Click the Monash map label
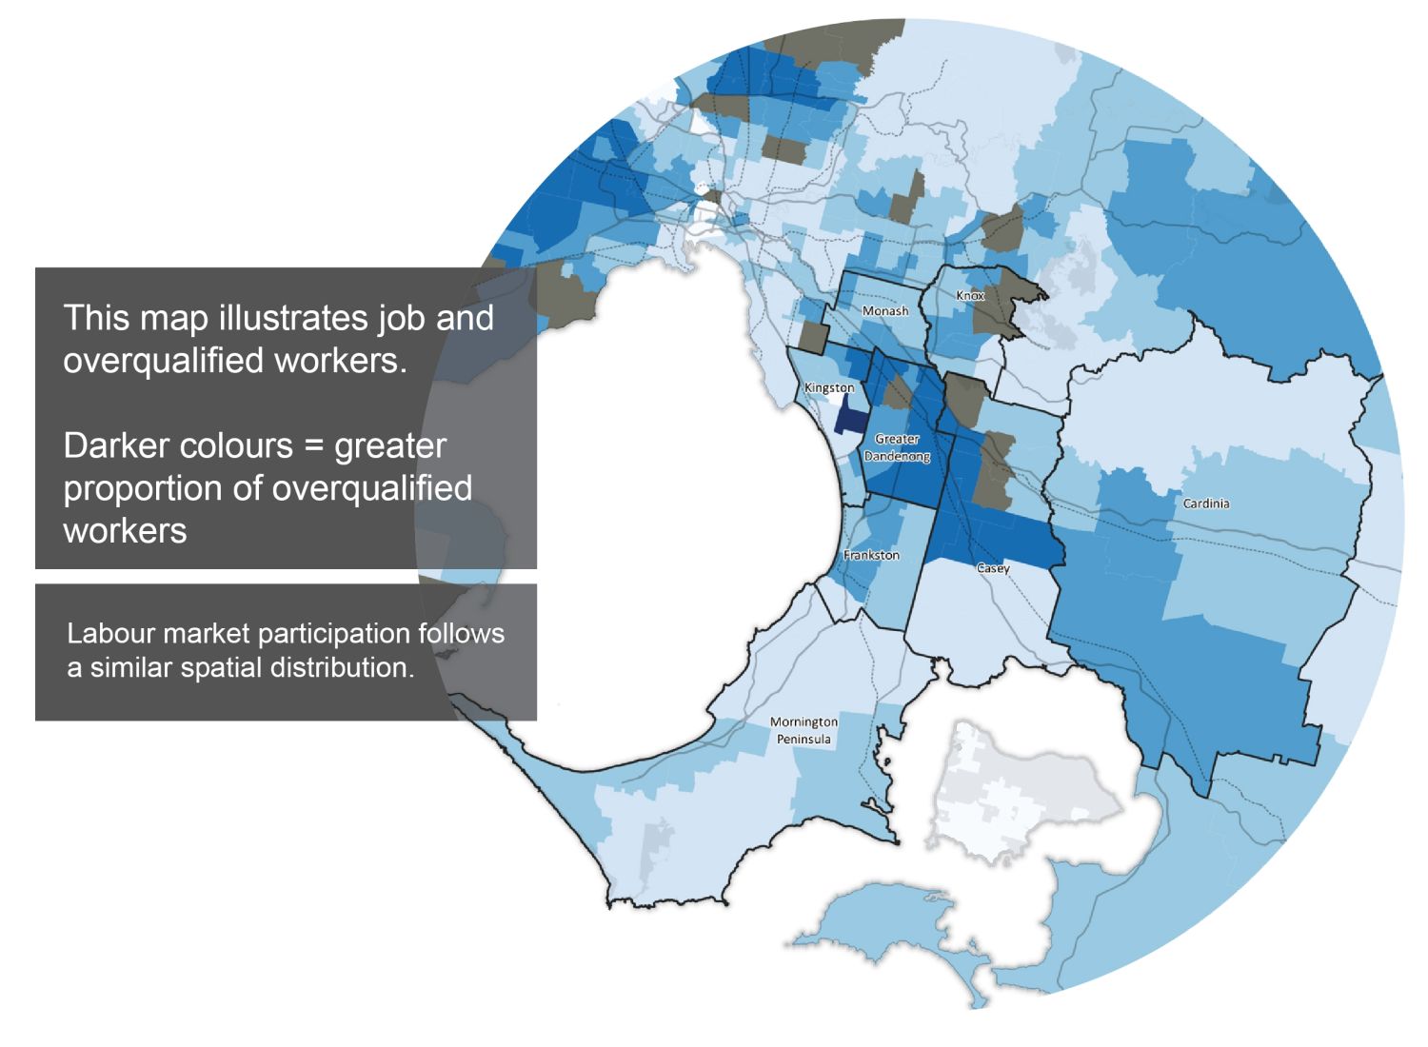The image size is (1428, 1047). pyautogui.click(x=884, y=311)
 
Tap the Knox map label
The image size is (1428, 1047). pyautogui.click(x=970, y=296)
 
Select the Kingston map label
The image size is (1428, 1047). pyautogui.click(x=829, y=388)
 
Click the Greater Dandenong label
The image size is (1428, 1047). pyautogui.click(x=897, y=447)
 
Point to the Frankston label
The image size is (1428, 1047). pyautogui.click(x=871, y=555)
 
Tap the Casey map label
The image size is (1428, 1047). pyautogui.click(x=993, y=568)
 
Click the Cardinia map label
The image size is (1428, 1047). pyautogui.click(x=1205, y=504)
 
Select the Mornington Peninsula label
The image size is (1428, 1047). pyautogui.click(x=803, y=731)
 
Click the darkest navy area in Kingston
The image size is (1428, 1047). pyautogui.click(x=844, y=417)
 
